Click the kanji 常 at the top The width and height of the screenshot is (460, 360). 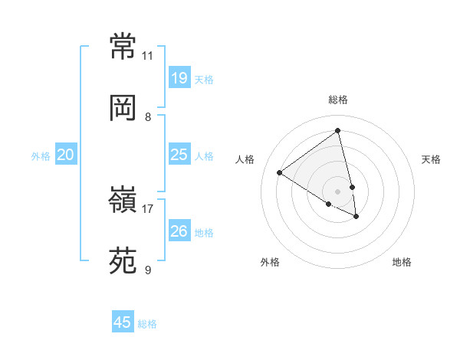click(123, 47)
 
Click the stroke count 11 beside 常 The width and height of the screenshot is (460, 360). click(147, 56)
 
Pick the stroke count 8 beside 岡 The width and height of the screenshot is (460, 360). click(148, 117)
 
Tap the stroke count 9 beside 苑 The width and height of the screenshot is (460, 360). click(148, 270)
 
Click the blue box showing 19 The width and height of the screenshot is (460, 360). click(179, 77)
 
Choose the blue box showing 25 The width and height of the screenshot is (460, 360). click(179, 155)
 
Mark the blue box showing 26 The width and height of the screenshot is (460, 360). click(179, 231)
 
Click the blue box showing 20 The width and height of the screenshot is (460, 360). click(65, 155)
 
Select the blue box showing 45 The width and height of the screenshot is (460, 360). click(123, 322)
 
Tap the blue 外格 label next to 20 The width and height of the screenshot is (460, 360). click(41, 156)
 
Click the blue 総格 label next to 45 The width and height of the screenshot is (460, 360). click(147, 324)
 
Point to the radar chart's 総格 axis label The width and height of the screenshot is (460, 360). click(337, 100)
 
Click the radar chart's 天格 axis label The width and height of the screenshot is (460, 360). click(431, 159)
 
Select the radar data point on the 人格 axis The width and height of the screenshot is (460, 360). click(279, 172)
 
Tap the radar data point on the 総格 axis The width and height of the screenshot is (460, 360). click(337, 131)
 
